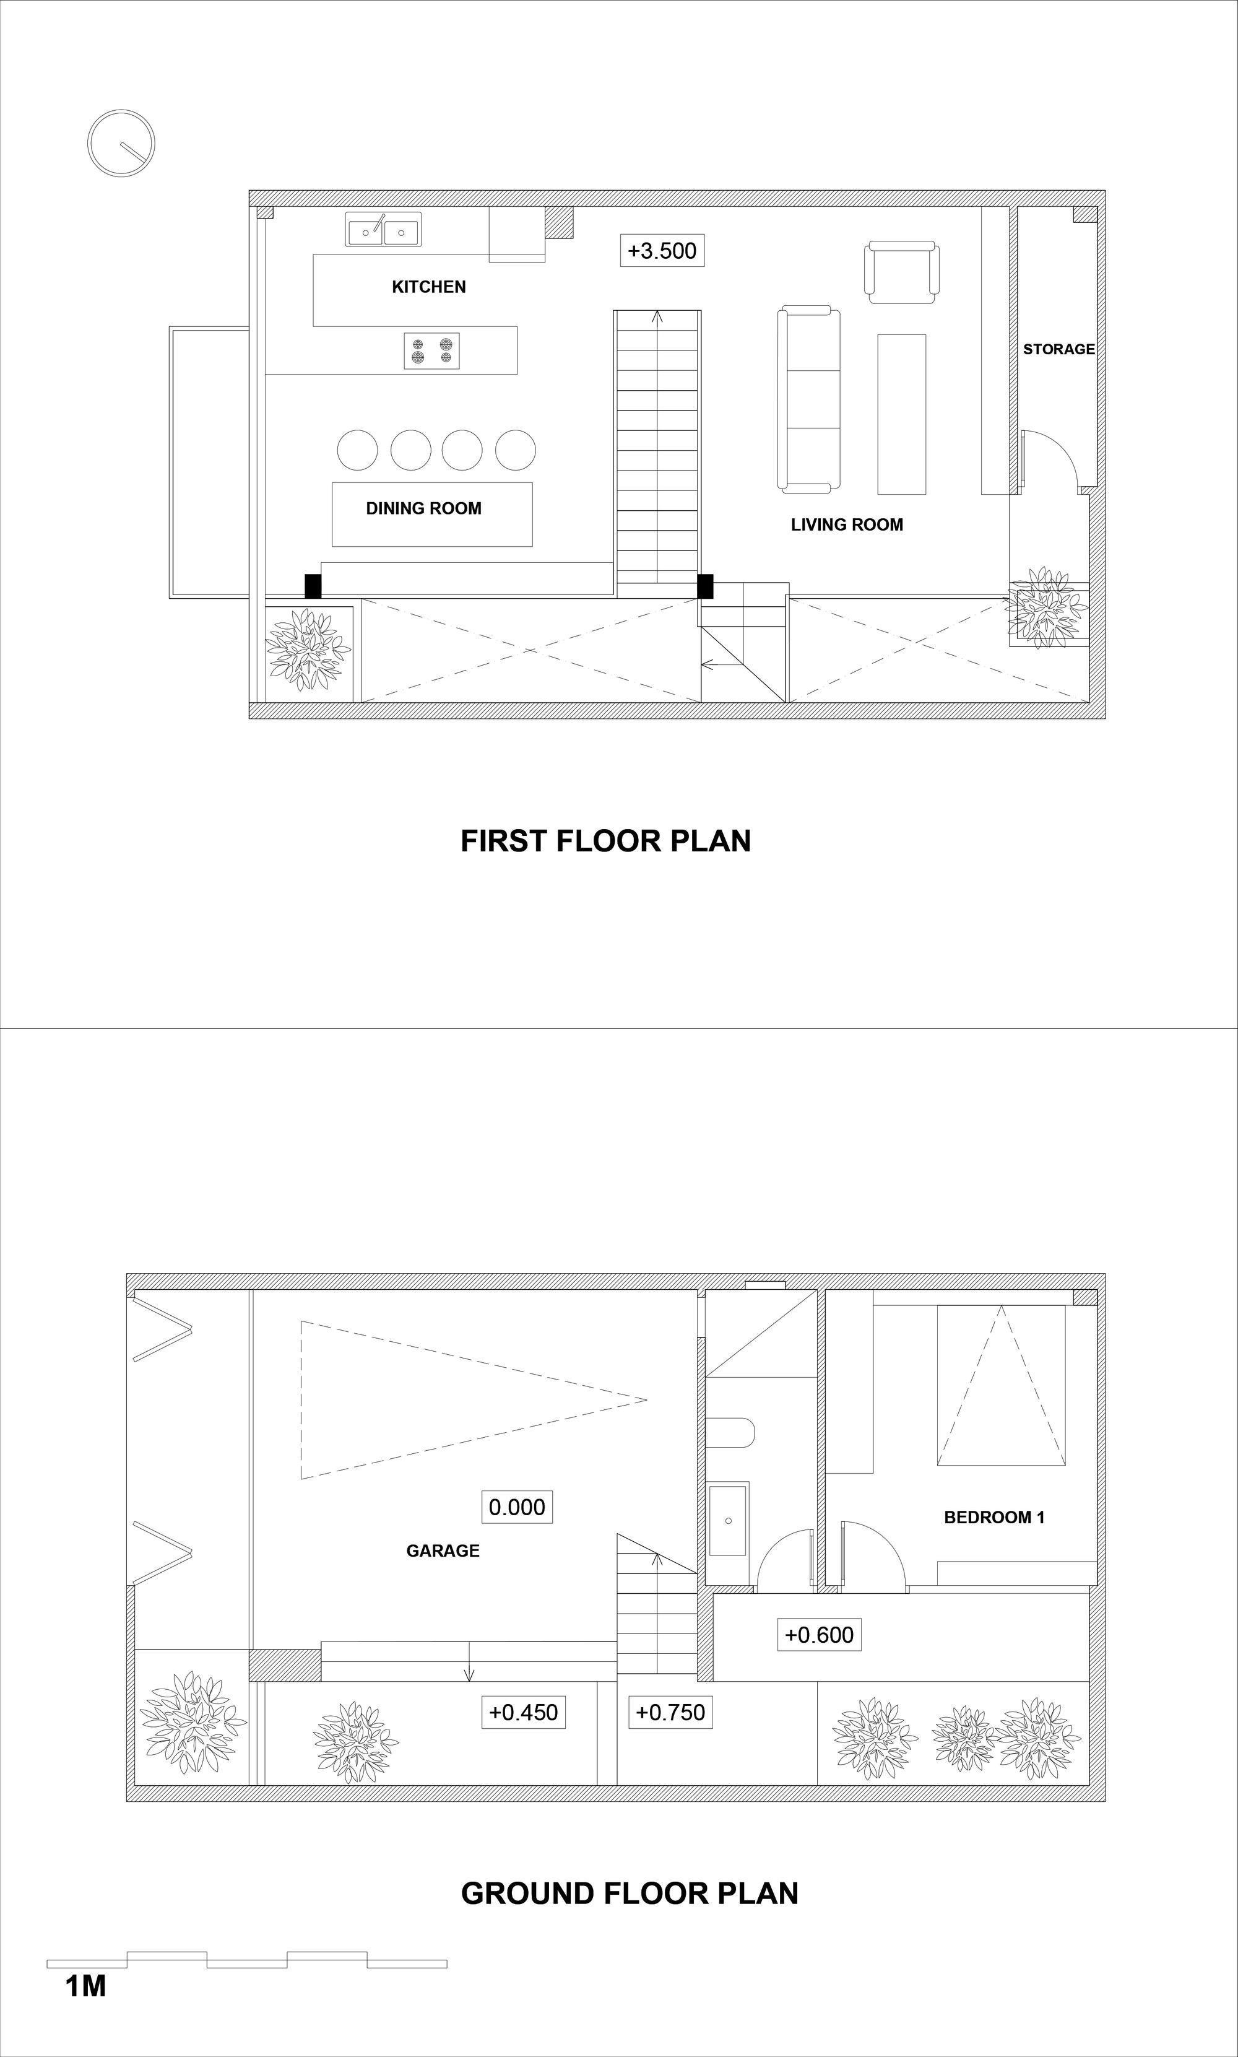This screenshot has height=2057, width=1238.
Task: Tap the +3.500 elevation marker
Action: coord(662,250)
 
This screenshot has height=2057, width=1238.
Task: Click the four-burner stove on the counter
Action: coord(432,350)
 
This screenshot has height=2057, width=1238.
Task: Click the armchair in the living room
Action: coord(902,272)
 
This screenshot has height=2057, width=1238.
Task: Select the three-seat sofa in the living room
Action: coord(808,399)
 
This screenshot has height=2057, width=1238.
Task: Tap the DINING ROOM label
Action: coord(424,508)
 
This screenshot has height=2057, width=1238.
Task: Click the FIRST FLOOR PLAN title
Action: coord(605,840)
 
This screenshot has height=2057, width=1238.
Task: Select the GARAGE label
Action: coord(443,1551)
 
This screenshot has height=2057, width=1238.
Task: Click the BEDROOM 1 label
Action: coord(994,1518)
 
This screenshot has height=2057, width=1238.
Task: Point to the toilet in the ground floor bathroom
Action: coord(730,1433)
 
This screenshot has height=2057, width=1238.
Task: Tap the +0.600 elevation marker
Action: coord(819,1635)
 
